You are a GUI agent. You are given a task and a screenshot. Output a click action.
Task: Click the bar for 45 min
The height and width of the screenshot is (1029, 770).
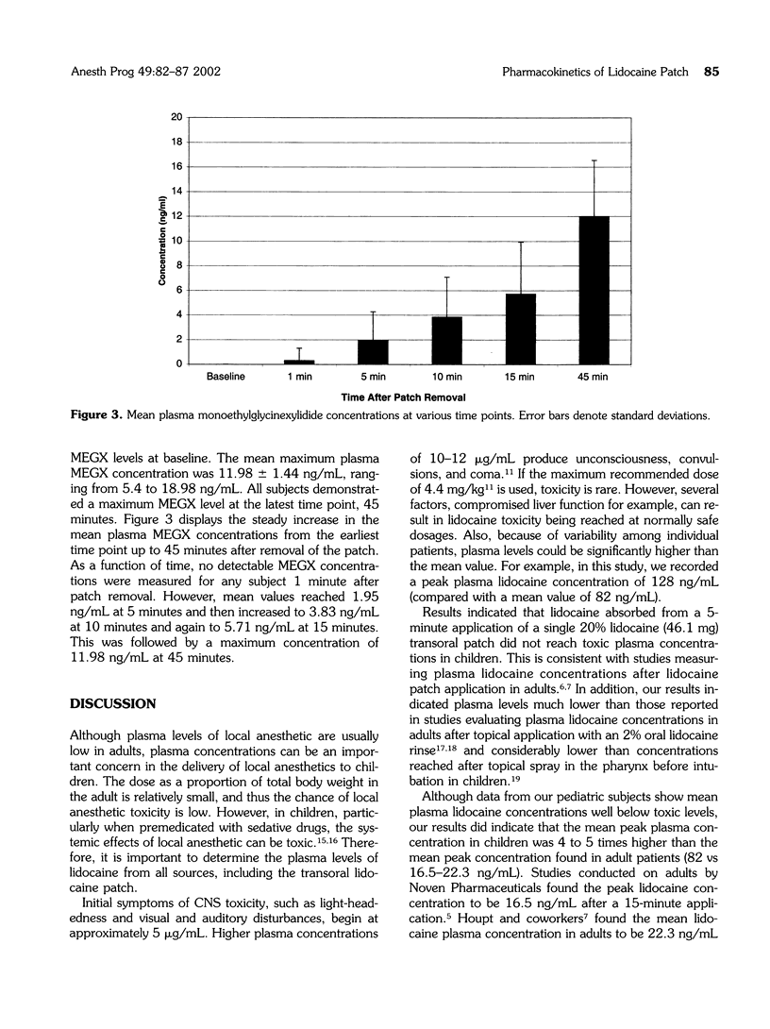(x=594, y=290)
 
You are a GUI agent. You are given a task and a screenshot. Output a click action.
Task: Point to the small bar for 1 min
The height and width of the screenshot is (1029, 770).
(x=299, y=362)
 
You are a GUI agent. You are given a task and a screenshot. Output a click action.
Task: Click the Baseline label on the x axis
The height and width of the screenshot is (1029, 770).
(x=226, y=376)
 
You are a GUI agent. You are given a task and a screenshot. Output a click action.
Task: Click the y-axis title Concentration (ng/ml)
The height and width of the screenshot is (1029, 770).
(x=162, y=241)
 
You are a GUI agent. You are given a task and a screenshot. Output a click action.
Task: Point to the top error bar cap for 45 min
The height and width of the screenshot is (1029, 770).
(x=594, y=160)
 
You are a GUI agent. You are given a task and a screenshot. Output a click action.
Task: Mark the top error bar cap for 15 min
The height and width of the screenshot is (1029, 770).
(x=520, y=242)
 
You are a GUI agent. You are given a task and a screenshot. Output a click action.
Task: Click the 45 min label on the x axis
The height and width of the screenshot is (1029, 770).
(x=594, y=376)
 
